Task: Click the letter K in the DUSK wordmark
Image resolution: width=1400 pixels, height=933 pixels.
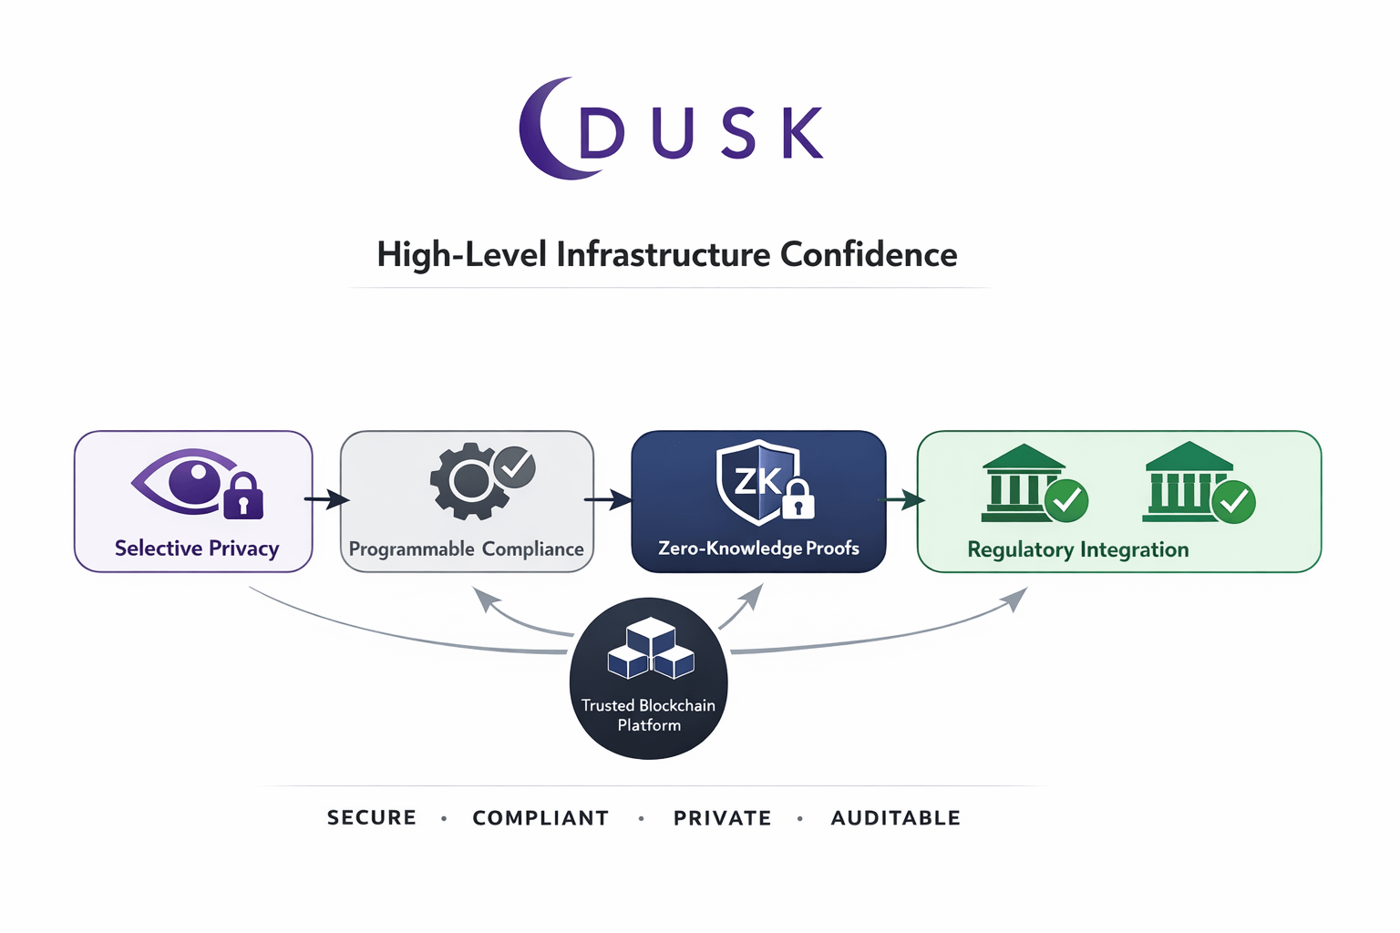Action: tap(802, 133)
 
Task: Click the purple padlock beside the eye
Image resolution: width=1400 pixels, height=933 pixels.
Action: tap(243, 497)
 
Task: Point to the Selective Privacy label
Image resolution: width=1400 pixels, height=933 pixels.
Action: tap(197, 549)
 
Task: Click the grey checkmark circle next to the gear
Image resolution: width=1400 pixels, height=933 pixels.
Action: tap(515, 466)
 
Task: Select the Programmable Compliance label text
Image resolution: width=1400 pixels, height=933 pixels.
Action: tap(466, 549)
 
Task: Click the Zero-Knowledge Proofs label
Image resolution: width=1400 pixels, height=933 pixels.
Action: tap(758, 549)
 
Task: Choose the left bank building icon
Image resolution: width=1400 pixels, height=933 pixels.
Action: tap(1022, 483)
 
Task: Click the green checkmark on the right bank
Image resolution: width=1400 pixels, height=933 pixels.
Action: tap(1234, 501)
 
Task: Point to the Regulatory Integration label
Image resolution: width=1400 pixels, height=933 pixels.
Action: tap(1077, 550)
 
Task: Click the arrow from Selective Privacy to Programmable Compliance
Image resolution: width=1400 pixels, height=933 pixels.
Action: tap(326, 499)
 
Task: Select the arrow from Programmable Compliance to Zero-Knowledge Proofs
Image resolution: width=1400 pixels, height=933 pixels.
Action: tap(608, 499)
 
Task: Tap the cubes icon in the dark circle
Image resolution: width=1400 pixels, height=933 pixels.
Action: tap(650, 649)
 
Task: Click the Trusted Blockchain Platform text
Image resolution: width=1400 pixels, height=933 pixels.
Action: tap(649, 715)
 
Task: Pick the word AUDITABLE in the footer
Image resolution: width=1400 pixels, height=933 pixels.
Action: tap(895, 818)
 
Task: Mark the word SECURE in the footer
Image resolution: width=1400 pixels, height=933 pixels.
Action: tap(372, 817)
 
